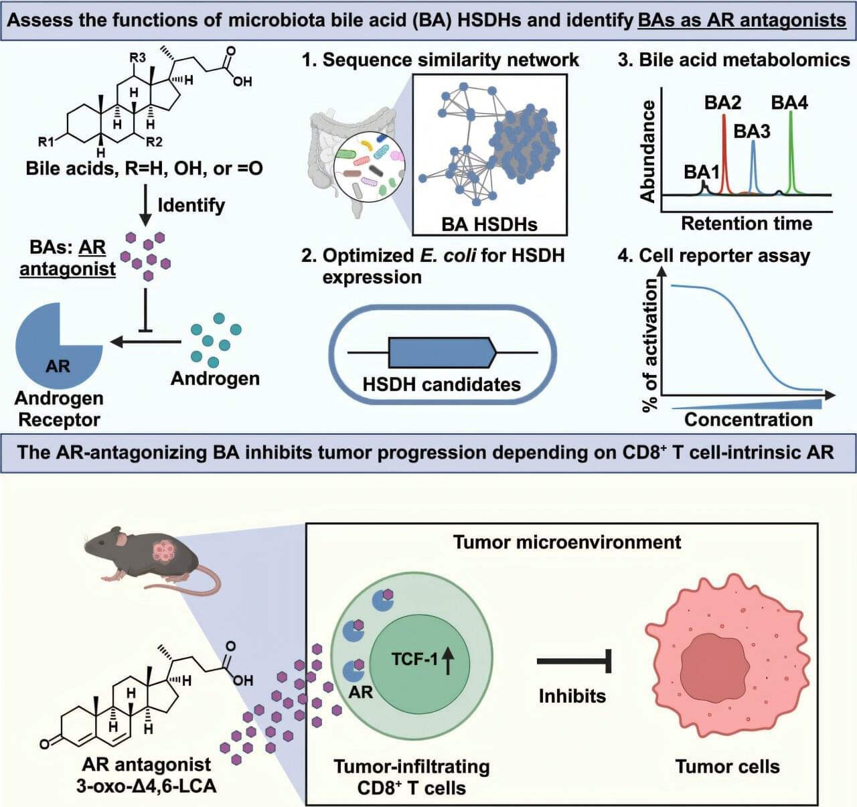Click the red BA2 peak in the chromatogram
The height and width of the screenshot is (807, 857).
[x=724, y=154]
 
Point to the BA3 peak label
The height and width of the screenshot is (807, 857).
[x=752, y=131]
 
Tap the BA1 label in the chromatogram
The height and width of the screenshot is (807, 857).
[x=701, y=172]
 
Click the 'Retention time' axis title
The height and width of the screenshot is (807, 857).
[x=747, y=224]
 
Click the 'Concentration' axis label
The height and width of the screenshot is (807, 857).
[x=748, y=420]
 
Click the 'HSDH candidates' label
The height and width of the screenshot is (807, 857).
[x=441, y=384]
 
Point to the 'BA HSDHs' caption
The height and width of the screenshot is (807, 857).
[x=489, y=224]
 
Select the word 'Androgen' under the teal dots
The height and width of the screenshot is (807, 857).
[x=215, y=378]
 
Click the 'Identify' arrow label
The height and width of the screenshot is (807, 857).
[x=191, y=204]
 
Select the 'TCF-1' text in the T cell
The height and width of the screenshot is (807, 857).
[x=414, y=660]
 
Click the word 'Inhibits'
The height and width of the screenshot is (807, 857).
[x=572, y=696]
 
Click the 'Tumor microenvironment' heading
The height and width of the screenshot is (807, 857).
[x=566, y=542]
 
